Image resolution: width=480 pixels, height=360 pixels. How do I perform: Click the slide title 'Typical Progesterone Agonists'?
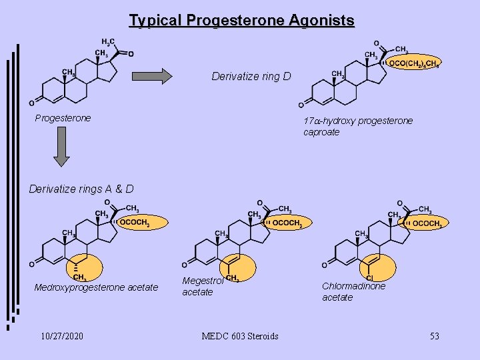click(x=241, y=21)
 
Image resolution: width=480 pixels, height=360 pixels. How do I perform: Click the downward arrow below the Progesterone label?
click(x=61, y=146)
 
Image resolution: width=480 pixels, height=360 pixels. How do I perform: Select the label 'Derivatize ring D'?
click(x=251, y=76)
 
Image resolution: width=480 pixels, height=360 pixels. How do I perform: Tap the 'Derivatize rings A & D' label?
click(x=81, y=189)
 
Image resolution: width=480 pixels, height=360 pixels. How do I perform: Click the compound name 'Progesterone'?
click(x=63, y=118)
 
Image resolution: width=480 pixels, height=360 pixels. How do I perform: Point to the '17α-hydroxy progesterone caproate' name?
click(x=358, y=126)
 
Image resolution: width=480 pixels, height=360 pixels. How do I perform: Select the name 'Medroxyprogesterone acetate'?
click(x=96, y=287)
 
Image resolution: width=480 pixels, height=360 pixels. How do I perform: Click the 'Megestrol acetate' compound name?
click(x=198, y=286)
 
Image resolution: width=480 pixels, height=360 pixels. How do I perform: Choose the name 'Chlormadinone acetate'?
click(x=353, y=291)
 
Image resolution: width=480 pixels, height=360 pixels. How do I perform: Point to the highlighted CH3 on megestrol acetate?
click(x=233, y=277)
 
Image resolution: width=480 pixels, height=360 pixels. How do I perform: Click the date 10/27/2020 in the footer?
click(x=61, y=336)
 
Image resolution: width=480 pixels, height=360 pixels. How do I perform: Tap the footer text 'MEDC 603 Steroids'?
click(x=240, y=336)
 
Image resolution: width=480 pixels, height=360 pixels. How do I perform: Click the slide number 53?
click(x=434, y=336)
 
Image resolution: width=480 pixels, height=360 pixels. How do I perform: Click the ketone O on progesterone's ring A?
click(x=32, y=103)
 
